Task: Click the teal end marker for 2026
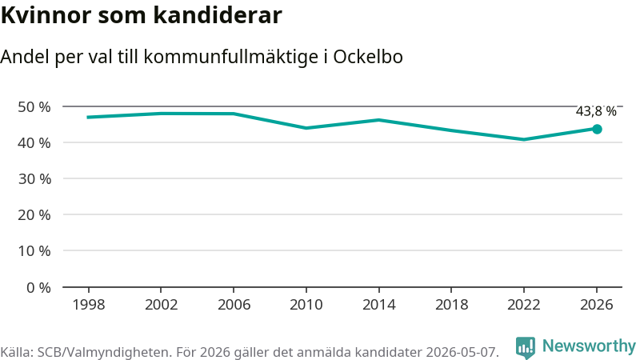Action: coord(597,130)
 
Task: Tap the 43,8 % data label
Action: coord(596,111)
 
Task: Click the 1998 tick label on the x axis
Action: coord(89,305)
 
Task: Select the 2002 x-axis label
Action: coord(162,305)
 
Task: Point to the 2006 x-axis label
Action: coord(234,305)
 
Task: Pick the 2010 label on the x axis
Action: coord(306,305)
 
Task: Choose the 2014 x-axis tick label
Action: coord(378,305)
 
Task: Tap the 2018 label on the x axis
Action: coord(451,305)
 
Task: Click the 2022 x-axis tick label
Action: coord(524,305)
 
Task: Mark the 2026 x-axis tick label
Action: coord(596,305)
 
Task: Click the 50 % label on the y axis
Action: coord(34,107)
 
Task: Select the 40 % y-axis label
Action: coord(34,143)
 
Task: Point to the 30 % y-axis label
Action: coord(34,178)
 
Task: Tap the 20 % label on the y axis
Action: coord(34,214)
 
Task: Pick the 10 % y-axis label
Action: coord(34,250)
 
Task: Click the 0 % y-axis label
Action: coord(38,288)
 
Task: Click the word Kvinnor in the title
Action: coord(46,15)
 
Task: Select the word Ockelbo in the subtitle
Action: coord(368,57)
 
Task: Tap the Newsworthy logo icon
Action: coord(526,348)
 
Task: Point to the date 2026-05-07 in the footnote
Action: coord(462,352)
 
